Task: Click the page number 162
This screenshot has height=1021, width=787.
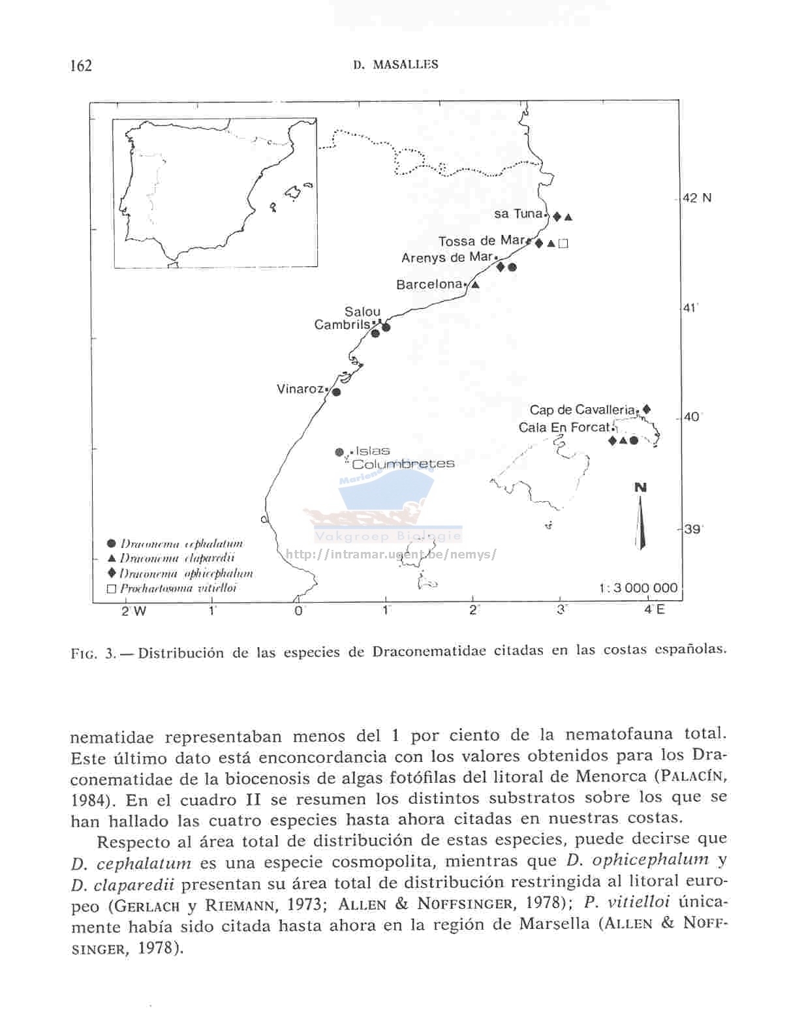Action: (x=81, y=65)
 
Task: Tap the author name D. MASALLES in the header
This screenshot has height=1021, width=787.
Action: (x=395, y=65)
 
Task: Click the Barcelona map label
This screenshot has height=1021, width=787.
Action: (x=429, y=284)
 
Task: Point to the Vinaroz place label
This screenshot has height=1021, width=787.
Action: (x=300, y=389)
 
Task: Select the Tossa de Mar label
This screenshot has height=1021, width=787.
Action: (x=482, y=241)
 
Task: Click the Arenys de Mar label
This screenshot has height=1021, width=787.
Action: (x=447, y=258)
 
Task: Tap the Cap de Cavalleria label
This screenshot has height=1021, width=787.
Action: (x=581, y=410)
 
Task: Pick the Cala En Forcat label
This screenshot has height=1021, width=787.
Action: (x=564, y=428)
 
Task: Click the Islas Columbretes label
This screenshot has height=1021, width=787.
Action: (x=402, y=458)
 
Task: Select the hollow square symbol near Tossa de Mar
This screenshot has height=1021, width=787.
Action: (x=564, y=244)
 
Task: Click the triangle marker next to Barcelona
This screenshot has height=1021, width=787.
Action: (x=475, y=284)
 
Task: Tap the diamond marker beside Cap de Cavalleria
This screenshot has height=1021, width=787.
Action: (x=646, y=409)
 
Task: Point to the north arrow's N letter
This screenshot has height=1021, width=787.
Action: (x=640, y=488)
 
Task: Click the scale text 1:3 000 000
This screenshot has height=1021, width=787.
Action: (x=638, y=588)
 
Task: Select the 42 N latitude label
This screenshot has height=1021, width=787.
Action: (x=697, y=198)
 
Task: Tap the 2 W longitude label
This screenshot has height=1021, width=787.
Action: (x=134, y=611)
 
